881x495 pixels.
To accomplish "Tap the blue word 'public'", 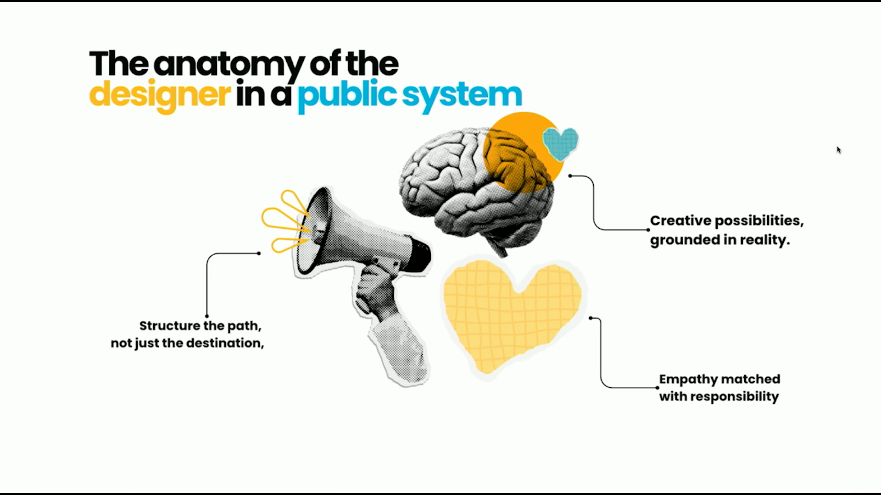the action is pyautogui.click(x=347, y=96).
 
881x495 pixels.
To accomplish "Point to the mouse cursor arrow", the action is pyautogui.click(x=839, y=150).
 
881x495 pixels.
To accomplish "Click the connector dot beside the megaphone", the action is pyautogui.click(x=259, y=253).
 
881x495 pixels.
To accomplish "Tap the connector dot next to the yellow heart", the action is pyautogui.click(x=591, y=318).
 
